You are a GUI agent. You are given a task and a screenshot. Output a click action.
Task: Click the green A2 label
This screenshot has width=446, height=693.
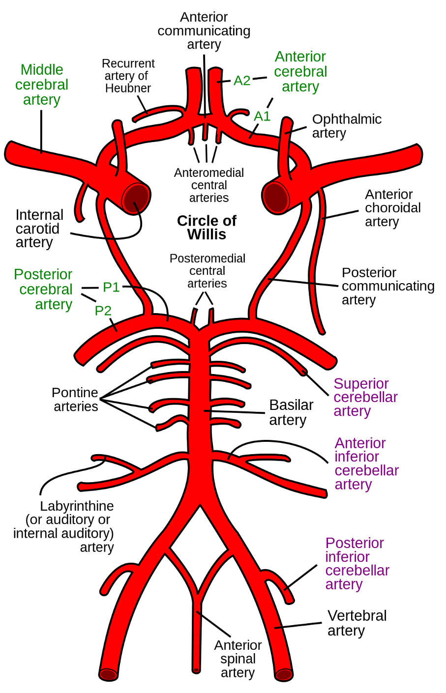(x=242, y=81)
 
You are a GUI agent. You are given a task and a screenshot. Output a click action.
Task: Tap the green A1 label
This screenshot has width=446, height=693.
(x=262, y=116)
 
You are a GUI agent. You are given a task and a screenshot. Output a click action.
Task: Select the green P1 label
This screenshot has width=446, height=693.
(x=111, y=287)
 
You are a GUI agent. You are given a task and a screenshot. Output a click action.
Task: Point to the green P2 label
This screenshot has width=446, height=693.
(x=103, y=311)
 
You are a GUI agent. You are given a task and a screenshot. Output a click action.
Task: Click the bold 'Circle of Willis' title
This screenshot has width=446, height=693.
(x=207, y=228)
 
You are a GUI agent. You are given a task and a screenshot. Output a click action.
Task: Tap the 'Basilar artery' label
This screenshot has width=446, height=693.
(x=291, y=412)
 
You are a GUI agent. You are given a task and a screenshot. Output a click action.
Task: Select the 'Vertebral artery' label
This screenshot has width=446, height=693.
(x=357, y=623)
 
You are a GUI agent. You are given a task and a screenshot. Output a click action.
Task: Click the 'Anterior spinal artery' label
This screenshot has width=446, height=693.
(x=238, y=659)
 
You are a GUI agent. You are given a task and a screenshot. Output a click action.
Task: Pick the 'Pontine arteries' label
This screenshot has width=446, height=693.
(x=75, y=400)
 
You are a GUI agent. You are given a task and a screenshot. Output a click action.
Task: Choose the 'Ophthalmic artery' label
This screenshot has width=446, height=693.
(x=347, y=126)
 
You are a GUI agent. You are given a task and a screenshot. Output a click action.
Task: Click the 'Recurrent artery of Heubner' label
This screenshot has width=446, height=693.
(x=128, y=76)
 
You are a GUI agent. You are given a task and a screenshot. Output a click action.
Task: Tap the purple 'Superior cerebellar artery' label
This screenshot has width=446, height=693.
(x=365, y=397)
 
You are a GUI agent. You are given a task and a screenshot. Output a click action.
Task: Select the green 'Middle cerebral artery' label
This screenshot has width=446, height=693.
(x=42, y=85)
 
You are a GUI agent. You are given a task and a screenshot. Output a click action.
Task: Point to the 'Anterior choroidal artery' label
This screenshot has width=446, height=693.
(x=392, y=208)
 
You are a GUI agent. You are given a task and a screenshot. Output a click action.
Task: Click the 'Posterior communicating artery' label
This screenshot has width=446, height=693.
(x=387, y=286)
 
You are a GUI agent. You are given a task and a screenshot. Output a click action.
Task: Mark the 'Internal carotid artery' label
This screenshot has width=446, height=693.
(x=39, y=229)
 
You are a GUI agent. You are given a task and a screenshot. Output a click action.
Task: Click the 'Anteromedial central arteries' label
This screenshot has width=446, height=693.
(x=209, y=185)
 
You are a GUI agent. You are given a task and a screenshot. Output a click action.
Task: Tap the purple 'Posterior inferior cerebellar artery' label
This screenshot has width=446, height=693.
(x=357, y=563)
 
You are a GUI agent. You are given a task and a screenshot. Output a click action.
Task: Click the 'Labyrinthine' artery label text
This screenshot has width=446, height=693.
(x=77, y=506)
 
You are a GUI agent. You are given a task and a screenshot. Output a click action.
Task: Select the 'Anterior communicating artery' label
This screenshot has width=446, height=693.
(x=204, y=30)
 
